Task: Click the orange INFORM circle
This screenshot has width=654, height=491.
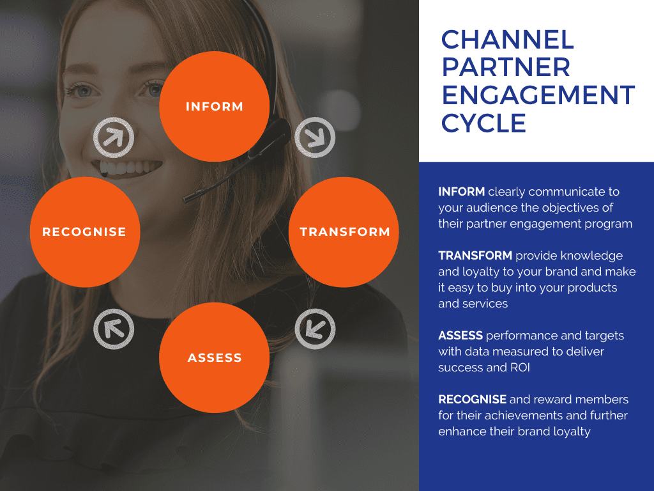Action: coord(215,106)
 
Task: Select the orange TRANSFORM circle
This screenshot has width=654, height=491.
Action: coord(344,231)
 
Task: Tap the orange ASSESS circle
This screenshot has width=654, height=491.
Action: coord(215,357)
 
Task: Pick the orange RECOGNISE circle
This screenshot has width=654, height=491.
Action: coord(85,231)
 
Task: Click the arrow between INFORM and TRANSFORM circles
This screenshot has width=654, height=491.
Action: coord(315,137)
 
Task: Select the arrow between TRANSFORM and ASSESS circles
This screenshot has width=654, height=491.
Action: coord(315,329)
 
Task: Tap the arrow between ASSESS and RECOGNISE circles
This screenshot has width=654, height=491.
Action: coord(114,329)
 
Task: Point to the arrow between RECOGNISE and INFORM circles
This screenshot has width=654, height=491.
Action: coord(114,137)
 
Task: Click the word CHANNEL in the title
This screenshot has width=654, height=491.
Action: coord(507,40)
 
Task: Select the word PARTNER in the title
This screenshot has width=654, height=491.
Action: coord(506,68)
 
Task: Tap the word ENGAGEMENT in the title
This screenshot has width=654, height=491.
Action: coord(538,95)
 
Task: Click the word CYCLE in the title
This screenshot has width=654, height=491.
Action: coord(483,123)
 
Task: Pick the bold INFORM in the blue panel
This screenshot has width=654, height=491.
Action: coord(461,192)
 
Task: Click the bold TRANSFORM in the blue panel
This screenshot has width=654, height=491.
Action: coord(475,256)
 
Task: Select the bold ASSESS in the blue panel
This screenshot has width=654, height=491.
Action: coord(460,335)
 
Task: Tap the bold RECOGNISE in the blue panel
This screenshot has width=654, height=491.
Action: coord(472,399)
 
